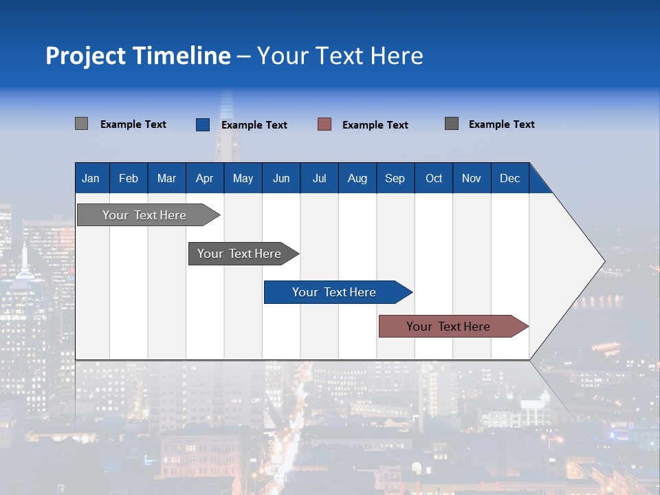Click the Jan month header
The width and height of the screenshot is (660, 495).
point(91,178)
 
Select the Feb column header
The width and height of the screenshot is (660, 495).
point(129,178)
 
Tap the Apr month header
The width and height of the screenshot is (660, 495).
point(204,178)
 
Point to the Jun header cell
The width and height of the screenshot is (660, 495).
point(281,178)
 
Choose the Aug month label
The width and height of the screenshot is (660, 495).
point(357,178)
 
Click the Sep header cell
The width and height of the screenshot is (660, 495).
point(395,178)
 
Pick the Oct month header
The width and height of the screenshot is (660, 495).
point(434,178)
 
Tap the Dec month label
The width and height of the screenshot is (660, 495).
point(509,178)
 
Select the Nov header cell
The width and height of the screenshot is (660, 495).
point(471,178)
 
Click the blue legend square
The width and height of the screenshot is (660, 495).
point(203,124)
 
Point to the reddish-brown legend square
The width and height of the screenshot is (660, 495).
point(324,124)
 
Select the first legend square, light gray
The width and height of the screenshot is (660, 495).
point(81,124)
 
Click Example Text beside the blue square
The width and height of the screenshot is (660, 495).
point(254,125)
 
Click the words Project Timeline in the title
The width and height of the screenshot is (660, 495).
point(138,56)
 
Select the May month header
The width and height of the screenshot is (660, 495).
point(243,178)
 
